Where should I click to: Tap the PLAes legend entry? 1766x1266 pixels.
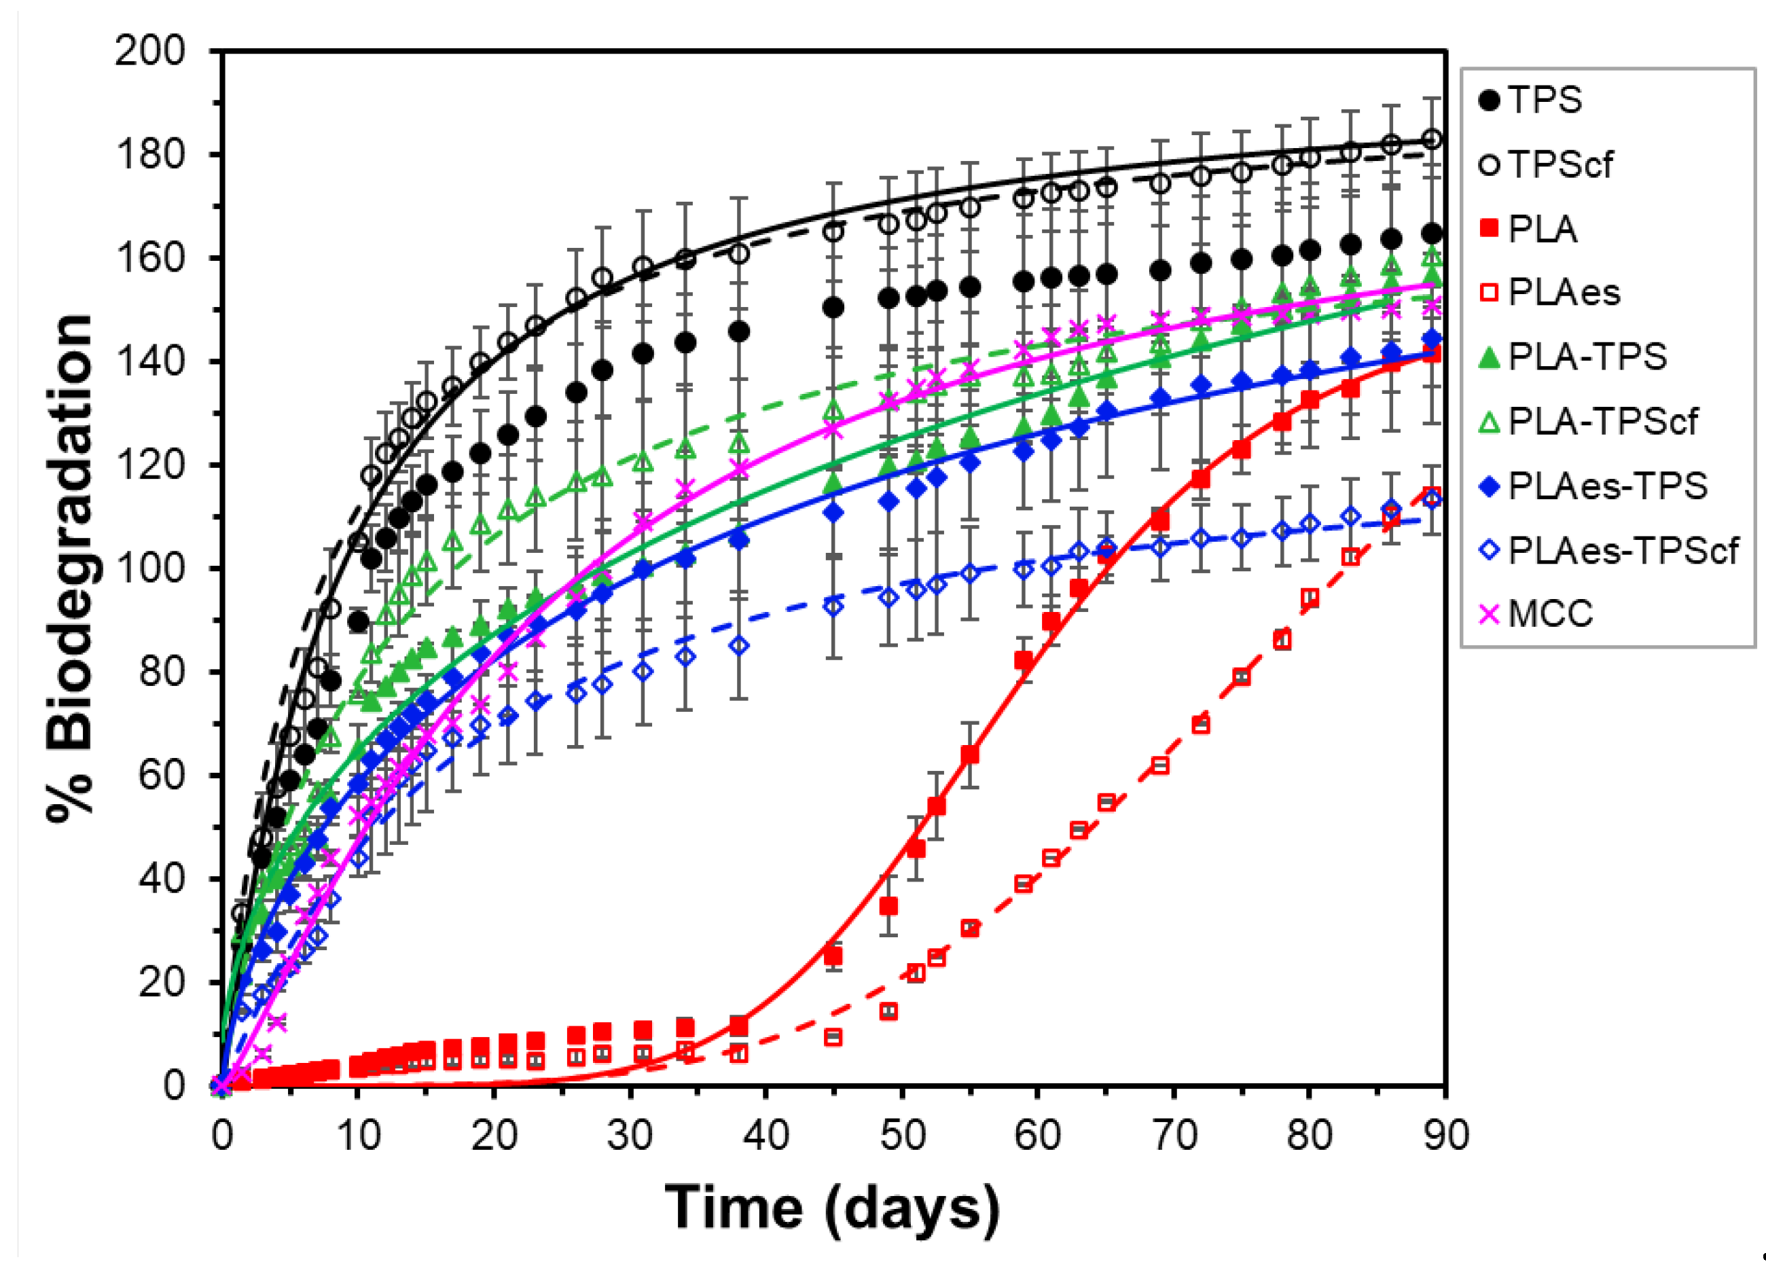coord(1563,293)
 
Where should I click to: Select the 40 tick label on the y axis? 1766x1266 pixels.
coord(161,878)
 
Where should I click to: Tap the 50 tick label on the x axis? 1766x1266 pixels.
coord(902,1135)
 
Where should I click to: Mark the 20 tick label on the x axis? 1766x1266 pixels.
coord(494,1135)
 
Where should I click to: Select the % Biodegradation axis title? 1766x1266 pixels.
coord(70,568)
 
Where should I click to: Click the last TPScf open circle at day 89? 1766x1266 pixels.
coord(1432,140)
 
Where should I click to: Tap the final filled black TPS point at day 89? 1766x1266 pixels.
coord(1432,234)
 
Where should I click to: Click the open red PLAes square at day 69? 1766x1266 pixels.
coord(1160,765)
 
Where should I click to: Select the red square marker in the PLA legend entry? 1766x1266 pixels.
coord(1489,229)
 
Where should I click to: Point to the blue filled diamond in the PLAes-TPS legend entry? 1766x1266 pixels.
coord(1489,486)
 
